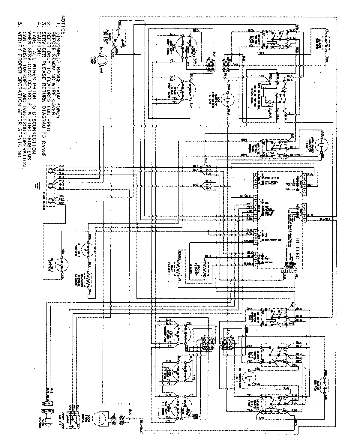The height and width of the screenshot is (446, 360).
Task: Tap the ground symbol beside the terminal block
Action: [36, 186]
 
